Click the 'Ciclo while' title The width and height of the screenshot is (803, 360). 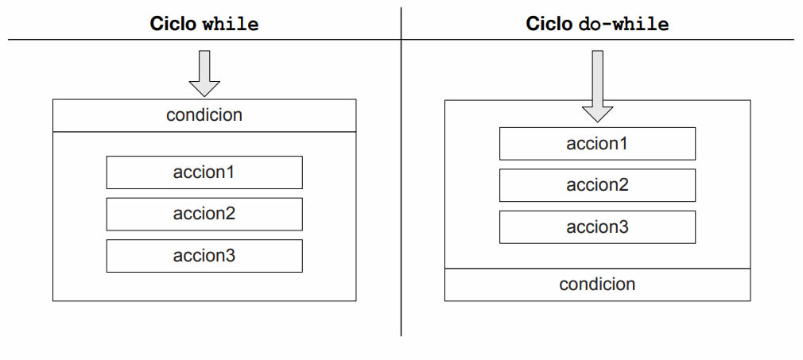click(204, 24)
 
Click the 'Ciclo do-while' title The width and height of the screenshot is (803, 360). click(597, 24)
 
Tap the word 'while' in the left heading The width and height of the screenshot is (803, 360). click(231, 24)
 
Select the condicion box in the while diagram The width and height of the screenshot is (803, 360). click(204, 115)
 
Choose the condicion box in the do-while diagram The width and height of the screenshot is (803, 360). click(597, 285)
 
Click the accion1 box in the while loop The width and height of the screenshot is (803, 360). click(204, 172)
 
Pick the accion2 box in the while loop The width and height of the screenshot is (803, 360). click(204, 214)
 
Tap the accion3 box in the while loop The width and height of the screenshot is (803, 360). click(204, 256)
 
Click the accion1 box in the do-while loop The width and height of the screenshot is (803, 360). click(597, 144)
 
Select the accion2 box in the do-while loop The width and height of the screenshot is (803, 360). click(597, 185)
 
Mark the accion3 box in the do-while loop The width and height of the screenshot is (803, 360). click(597, 227)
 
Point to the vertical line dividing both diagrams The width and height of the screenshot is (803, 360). click(401, 199)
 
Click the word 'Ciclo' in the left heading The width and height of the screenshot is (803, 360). click(173, 24)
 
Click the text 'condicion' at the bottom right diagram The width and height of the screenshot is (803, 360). click(597, 285)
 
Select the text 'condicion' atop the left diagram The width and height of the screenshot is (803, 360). click(204, 115)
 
